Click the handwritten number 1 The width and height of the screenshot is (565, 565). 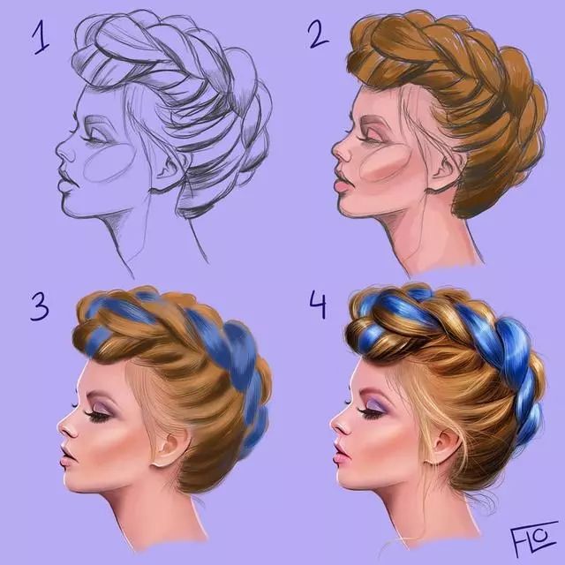[x=41, y=37]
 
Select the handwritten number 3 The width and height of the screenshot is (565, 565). [x=39, y=306]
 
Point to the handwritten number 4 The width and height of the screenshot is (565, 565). [x=318, y=306]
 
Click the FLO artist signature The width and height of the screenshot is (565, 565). [x=530, y=538]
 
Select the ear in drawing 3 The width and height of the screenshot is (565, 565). [x=168, y=448]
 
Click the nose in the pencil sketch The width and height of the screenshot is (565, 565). [x=64, y=151]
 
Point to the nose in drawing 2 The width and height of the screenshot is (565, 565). [x=341, y=151]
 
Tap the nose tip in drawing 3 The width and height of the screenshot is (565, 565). [x=60, y=428]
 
